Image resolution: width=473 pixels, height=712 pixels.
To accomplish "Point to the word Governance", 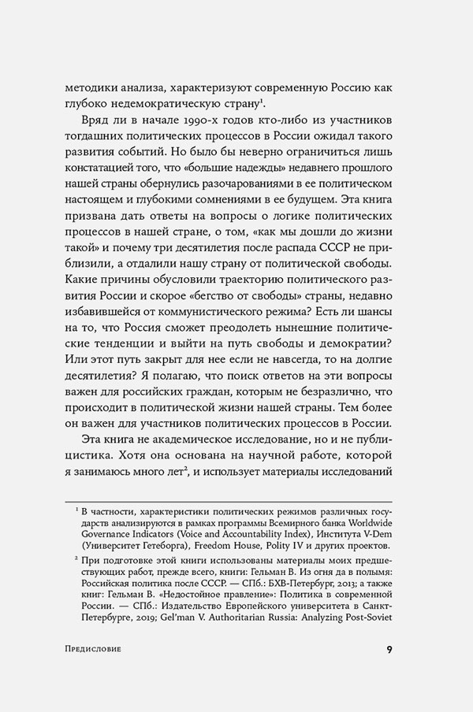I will [x=111, y=533].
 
